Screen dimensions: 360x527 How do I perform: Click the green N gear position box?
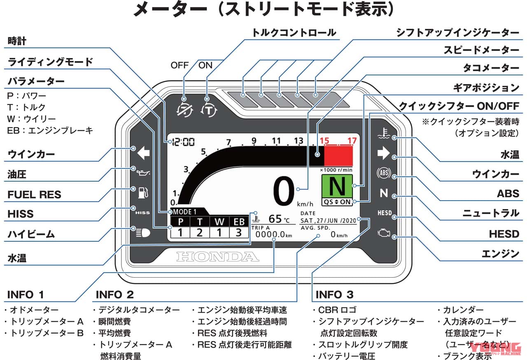pyautogui.click(x=338, y=186)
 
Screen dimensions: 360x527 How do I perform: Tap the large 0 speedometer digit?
pyautogui.click(x=283, y=192)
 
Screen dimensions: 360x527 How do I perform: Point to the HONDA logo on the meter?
pyautogui.click(x=218, y=257)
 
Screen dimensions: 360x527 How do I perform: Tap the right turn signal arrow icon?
pyautogui.click(x=383, y=154)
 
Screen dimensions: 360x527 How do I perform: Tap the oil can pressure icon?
pyautogui.click(x=142, y=171)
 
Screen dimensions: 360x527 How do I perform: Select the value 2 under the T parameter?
pyautogui.click(x=200, y=233)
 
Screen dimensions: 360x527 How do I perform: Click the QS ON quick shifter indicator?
pyautogui.click(x=338, y=202)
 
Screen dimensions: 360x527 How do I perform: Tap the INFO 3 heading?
pyautogui.click(x=334, y=295)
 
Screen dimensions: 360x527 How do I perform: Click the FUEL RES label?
pyautogui.click(x=34, y=194)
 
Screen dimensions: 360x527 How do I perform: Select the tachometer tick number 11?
pyautogui.click(x=276, y=141)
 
